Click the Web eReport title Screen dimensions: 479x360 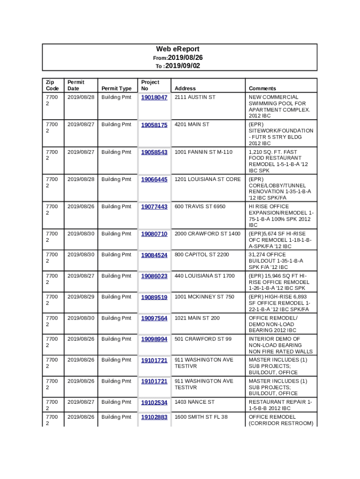178,49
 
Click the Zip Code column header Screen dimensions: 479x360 52,85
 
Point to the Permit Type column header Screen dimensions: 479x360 116,88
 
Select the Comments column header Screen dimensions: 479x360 262,88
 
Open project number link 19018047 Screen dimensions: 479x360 154,97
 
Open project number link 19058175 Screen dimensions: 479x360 154,125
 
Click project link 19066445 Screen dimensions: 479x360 154,180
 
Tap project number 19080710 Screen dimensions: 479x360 154,234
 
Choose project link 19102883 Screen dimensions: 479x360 154,417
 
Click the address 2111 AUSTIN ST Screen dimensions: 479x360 195,97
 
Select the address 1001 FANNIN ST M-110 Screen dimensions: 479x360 203,152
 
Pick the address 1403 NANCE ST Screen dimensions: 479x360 194,402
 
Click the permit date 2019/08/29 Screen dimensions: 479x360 81,297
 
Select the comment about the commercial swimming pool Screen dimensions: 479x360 279,106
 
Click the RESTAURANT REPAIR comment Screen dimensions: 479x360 280,405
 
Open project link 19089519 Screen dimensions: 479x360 154,297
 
